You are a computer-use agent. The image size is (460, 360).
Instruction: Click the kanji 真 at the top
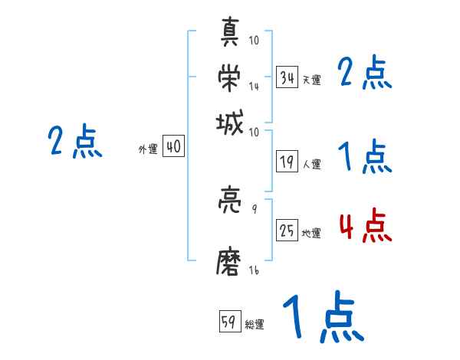click(x=230, y=34)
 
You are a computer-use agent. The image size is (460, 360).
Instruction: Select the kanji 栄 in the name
click(x=230, y=77)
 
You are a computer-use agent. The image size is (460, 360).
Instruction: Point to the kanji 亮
click(x=230, y=202)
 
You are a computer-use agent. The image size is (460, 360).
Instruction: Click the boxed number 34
click(x=287, y=77)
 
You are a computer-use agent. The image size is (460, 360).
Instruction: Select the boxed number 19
click(x=287, y=162)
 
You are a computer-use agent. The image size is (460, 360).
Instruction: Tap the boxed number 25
click(x=287, y=231)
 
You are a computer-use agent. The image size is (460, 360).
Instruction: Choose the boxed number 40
click(x=173, y=147)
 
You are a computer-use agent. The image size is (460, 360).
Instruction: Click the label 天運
click(x=311, y=80)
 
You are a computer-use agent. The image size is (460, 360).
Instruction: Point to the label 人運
click(x=311, y=164)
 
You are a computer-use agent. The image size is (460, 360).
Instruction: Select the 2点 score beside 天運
click(x=365, y=74)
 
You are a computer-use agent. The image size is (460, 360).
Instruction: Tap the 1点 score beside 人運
click(x=365, y=159)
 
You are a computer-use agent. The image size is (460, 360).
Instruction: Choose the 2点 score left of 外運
click(x=74, y=142)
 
